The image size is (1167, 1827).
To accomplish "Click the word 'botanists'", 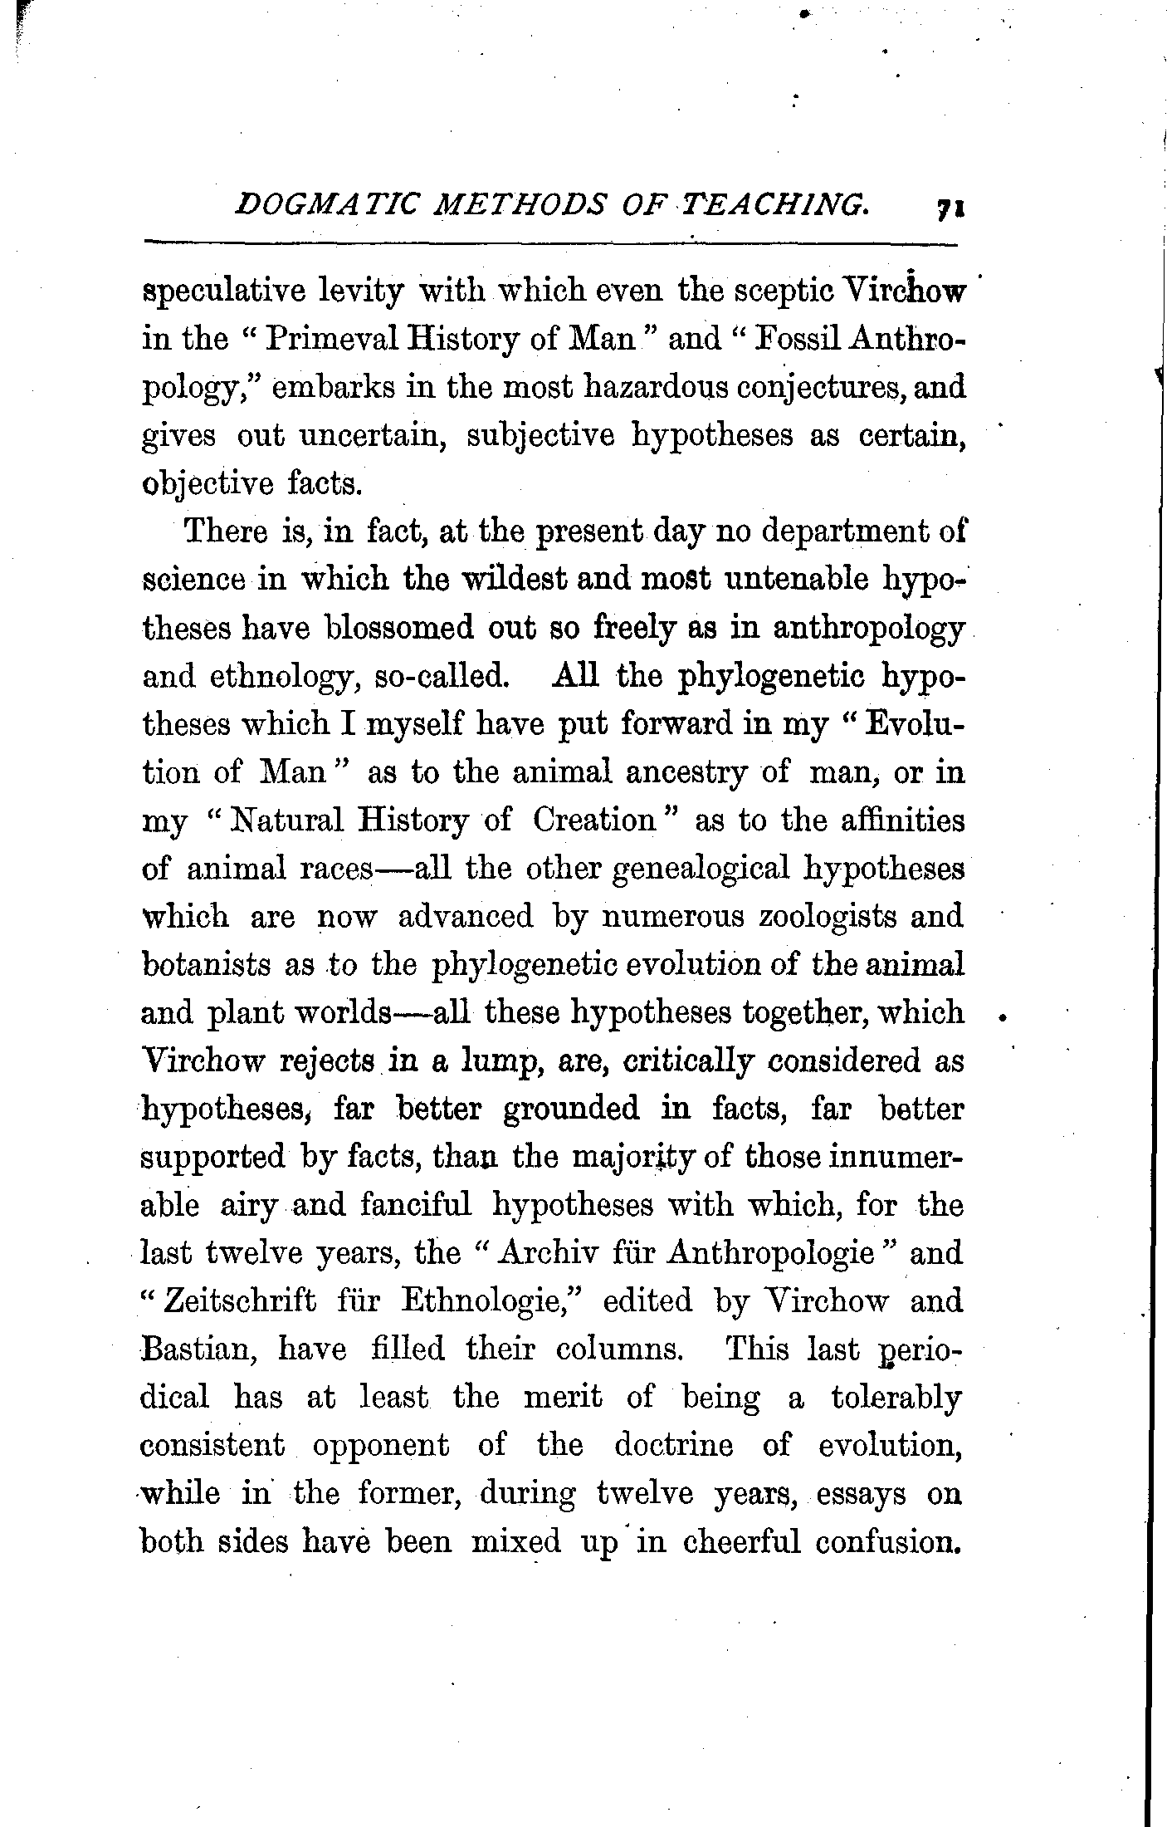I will [207, 966].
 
